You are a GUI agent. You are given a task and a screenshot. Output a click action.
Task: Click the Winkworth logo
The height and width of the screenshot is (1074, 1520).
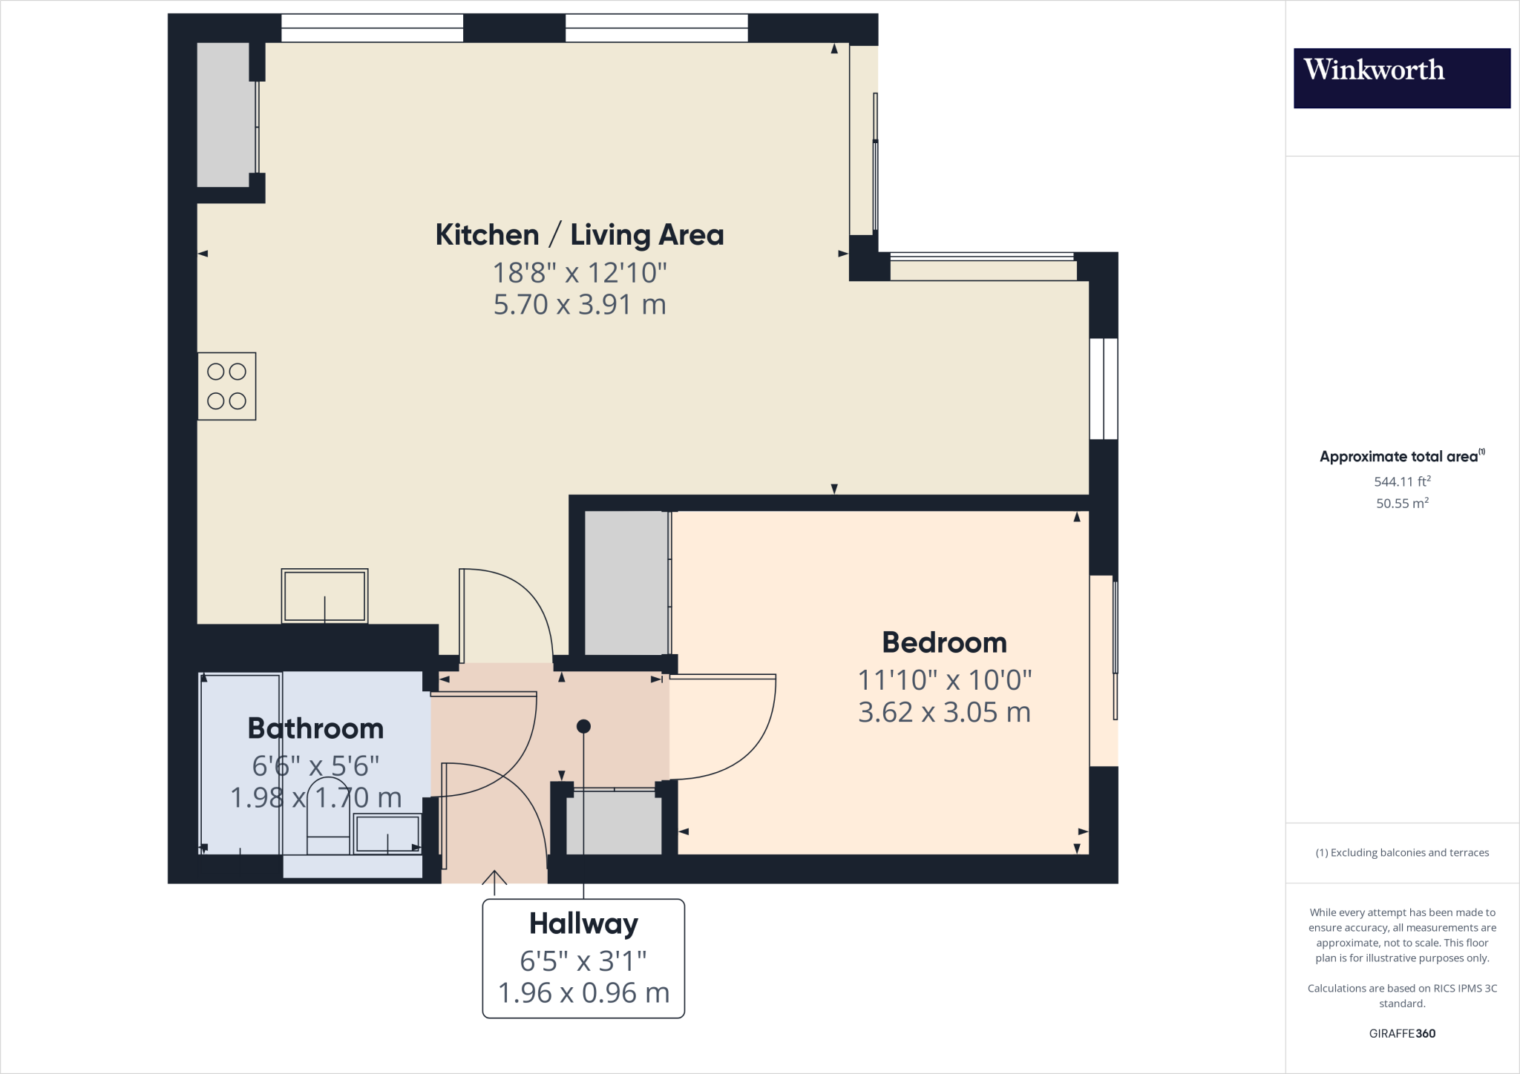tap(1401, 78)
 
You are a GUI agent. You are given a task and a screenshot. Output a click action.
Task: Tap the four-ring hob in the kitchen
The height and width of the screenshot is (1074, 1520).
tap(226, 386)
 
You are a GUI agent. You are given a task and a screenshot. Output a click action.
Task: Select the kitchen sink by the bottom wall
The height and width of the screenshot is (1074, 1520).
tap(324, 596)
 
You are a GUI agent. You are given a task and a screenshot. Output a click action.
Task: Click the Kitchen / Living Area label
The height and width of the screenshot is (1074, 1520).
tap(579, 235)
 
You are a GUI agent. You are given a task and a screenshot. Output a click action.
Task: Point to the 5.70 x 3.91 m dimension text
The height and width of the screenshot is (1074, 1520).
tap(580, 305)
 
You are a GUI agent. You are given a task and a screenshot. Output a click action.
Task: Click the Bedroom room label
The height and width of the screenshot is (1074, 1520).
tap(944, 642)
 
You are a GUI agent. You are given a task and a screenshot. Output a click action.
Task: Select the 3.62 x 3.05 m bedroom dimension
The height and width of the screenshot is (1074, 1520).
tap(944, 713)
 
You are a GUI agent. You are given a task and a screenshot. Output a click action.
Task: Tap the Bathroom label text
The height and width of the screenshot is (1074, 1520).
tap(315, 728)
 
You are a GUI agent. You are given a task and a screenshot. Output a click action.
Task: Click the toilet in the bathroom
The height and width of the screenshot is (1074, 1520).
tap(328, 816)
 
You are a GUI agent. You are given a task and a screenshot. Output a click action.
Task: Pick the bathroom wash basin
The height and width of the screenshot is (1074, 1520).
tap(387, 834)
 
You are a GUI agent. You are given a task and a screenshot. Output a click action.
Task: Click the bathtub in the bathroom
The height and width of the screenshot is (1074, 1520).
tap(240, 764)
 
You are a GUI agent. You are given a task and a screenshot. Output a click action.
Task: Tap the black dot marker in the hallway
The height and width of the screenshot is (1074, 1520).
tap(583, 726)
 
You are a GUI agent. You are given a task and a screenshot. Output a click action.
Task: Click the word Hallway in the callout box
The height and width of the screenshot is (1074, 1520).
tap(583, 924)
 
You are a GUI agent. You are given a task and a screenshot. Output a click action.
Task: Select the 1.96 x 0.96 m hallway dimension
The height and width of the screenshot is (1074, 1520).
tap(583, 993)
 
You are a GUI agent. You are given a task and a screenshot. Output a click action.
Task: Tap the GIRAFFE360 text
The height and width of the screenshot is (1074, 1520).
tap(1401, 1033)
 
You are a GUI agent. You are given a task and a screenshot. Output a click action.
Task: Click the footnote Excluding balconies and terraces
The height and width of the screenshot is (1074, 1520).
tap(1401, 853)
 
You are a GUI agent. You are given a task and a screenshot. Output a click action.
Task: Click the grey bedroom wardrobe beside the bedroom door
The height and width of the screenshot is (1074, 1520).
tap(626, 583)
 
